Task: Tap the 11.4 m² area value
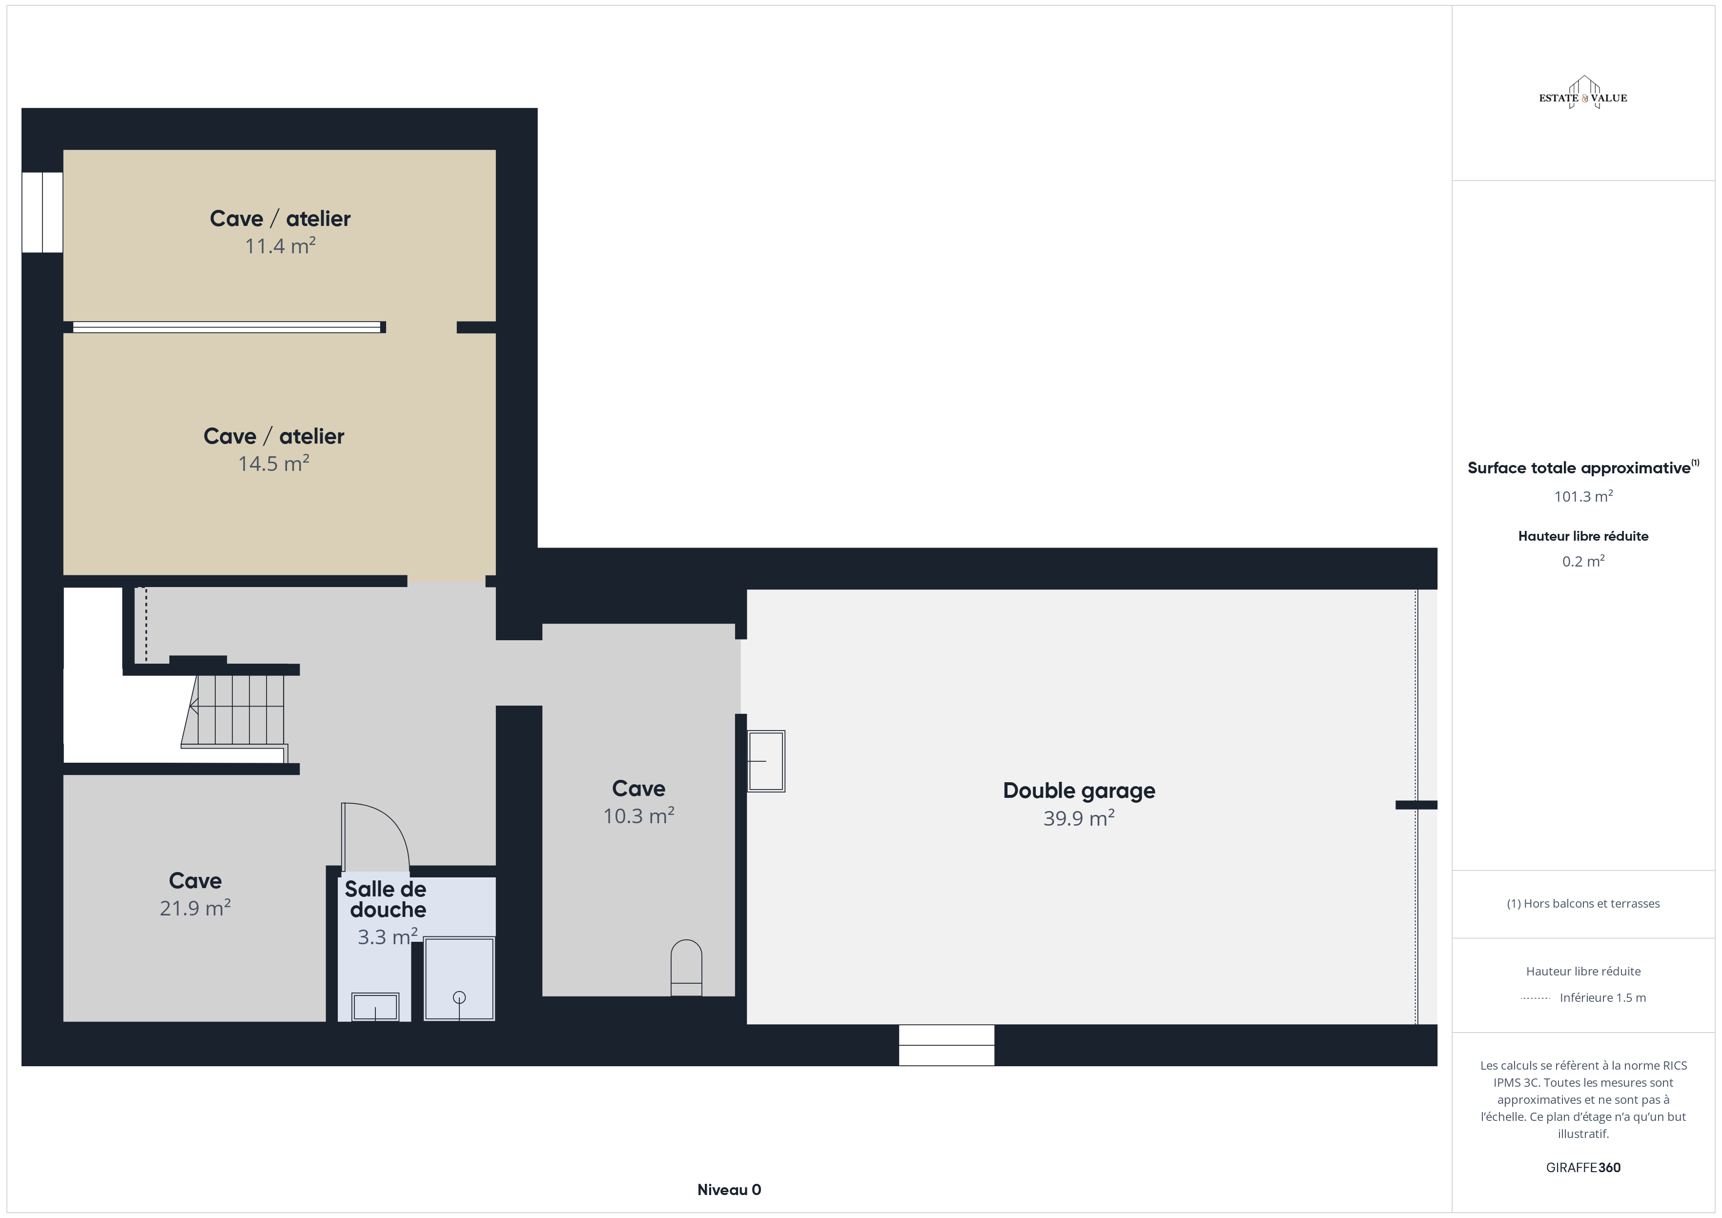click(x=280, y=246)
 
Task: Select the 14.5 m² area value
click(x=274, y=464)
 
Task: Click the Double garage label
click(x=1079, y=791)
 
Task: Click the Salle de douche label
click(x=386, y=899)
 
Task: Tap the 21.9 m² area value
click(x=195, y=908)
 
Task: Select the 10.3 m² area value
click(x=638, y=816)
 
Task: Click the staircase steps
click(x=234, y=710)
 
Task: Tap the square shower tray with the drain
click(x=459, y=979)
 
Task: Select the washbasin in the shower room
click(x=375, y=1007)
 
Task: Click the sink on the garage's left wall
click(x=766, y=761)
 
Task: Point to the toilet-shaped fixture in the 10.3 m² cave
click(x=685, y=968)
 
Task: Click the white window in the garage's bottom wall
click(x=946, y=1045)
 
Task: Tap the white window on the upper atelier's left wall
click(x=42, y=212)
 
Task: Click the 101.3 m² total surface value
click(x=1583, y=496)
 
